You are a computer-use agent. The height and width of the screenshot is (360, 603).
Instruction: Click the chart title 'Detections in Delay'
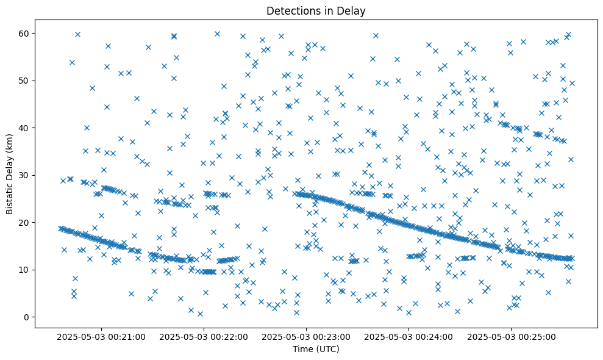tap(316, 10)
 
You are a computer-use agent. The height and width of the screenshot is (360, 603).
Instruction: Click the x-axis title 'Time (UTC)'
tap(316, 349)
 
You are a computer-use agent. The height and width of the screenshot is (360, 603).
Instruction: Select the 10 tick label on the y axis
tap(27, 270)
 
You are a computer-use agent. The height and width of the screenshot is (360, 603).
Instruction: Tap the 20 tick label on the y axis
tap(27, 222)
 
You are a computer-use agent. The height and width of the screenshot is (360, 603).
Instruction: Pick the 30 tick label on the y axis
tap(27, 175)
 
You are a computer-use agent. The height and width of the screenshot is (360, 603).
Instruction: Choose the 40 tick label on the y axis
tap(27, 128)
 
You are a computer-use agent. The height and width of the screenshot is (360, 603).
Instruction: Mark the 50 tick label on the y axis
tap(27, 81)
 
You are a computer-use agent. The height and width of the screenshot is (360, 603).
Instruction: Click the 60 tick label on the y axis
tap(27, 33)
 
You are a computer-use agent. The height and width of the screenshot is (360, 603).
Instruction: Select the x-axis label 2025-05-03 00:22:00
tap(204, 336)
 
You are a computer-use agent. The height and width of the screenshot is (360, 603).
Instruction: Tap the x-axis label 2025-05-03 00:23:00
tap(307, 336)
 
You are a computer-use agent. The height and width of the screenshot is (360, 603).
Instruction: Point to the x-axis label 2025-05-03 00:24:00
tap(409, 336)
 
